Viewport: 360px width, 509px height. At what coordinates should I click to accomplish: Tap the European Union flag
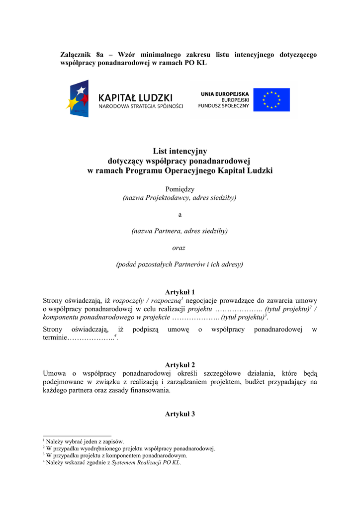[x=271, y=99]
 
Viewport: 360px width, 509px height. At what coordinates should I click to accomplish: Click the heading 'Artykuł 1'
[x=180, y=292]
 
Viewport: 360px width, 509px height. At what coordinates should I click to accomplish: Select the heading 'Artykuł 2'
[x=180, y=365]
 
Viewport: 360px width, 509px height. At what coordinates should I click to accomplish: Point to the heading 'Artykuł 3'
[x=180, y=414]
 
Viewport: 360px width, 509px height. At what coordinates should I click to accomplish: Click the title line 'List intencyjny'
[x=180, y=151]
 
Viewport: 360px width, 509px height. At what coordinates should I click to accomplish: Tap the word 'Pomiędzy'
[x=180, y=189]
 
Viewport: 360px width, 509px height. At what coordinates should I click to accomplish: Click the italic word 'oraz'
[x=179, y=248]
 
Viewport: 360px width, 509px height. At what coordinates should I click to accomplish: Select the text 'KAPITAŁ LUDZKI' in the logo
[x=135, y=97]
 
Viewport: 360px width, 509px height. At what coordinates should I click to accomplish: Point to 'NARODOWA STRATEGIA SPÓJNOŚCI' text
[x=141, y=106]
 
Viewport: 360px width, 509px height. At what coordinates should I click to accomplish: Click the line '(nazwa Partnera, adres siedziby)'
[x=180, y=231]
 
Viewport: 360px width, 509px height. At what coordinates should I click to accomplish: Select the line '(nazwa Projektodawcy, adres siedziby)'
[x=180, y=198]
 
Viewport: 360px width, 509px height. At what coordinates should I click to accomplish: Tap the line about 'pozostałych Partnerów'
[x=180, y=264]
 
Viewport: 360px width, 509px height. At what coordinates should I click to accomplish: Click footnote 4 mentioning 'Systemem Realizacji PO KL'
[x=113, y=462]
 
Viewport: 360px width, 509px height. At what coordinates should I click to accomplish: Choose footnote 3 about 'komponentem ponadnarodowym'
[x=116, y=455]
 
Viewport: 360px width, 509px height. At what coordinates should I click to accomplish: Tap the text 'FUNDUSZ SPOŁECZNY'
[x=223, y=106]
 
